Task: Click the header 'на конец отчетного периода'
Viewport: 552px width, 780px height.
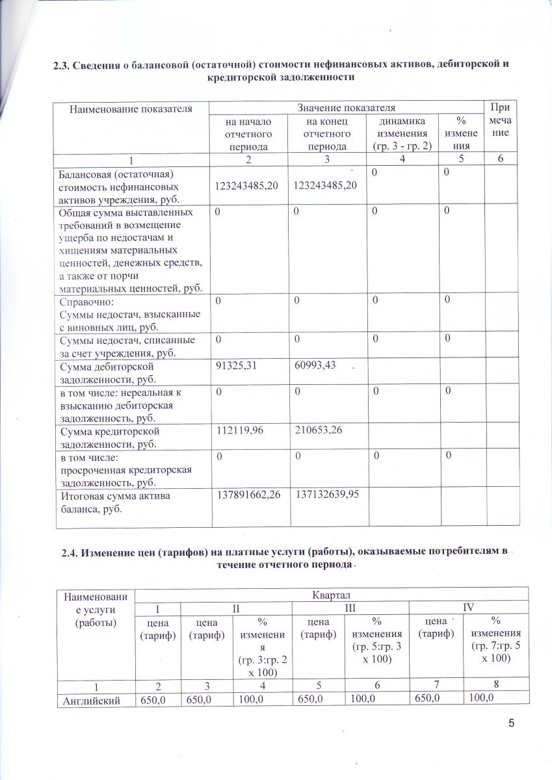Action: [x=326, y=134]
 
